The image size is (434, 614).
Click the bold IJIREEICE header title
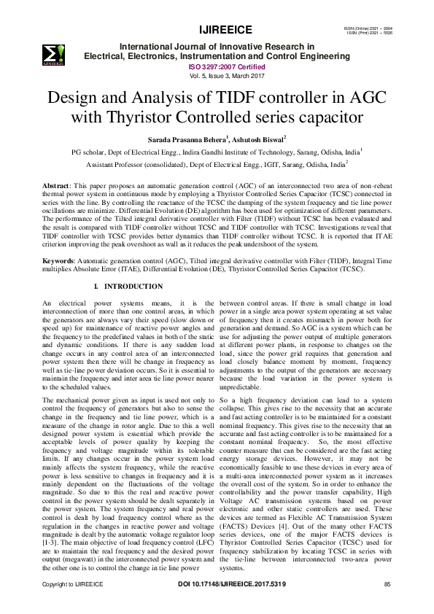point(225,30)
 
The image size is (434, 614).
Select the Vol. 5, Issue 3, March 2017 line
point(225,75)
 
